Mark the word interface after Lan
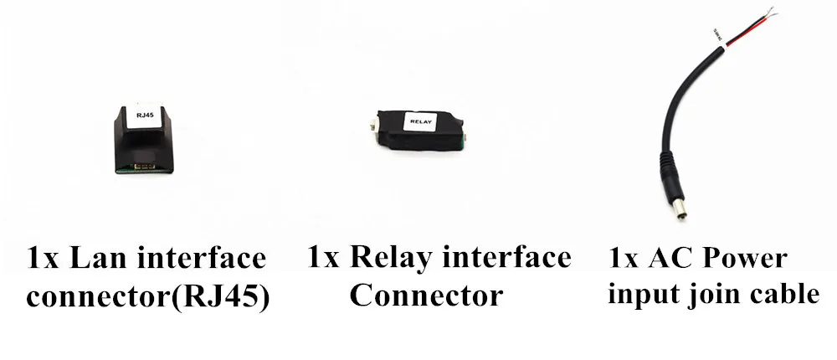(202, 258)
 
